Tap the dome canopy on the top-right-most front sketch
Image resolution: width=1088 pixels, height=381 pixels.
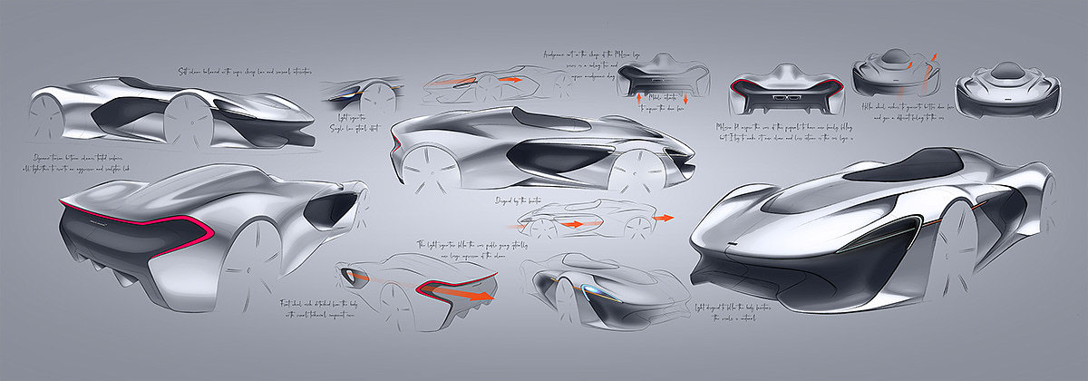1005,71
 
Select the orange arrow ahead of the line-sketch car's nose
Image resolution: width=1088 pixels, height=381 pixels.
664,218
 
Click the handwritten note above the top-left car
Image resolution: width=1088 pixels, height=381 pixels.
245,71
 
